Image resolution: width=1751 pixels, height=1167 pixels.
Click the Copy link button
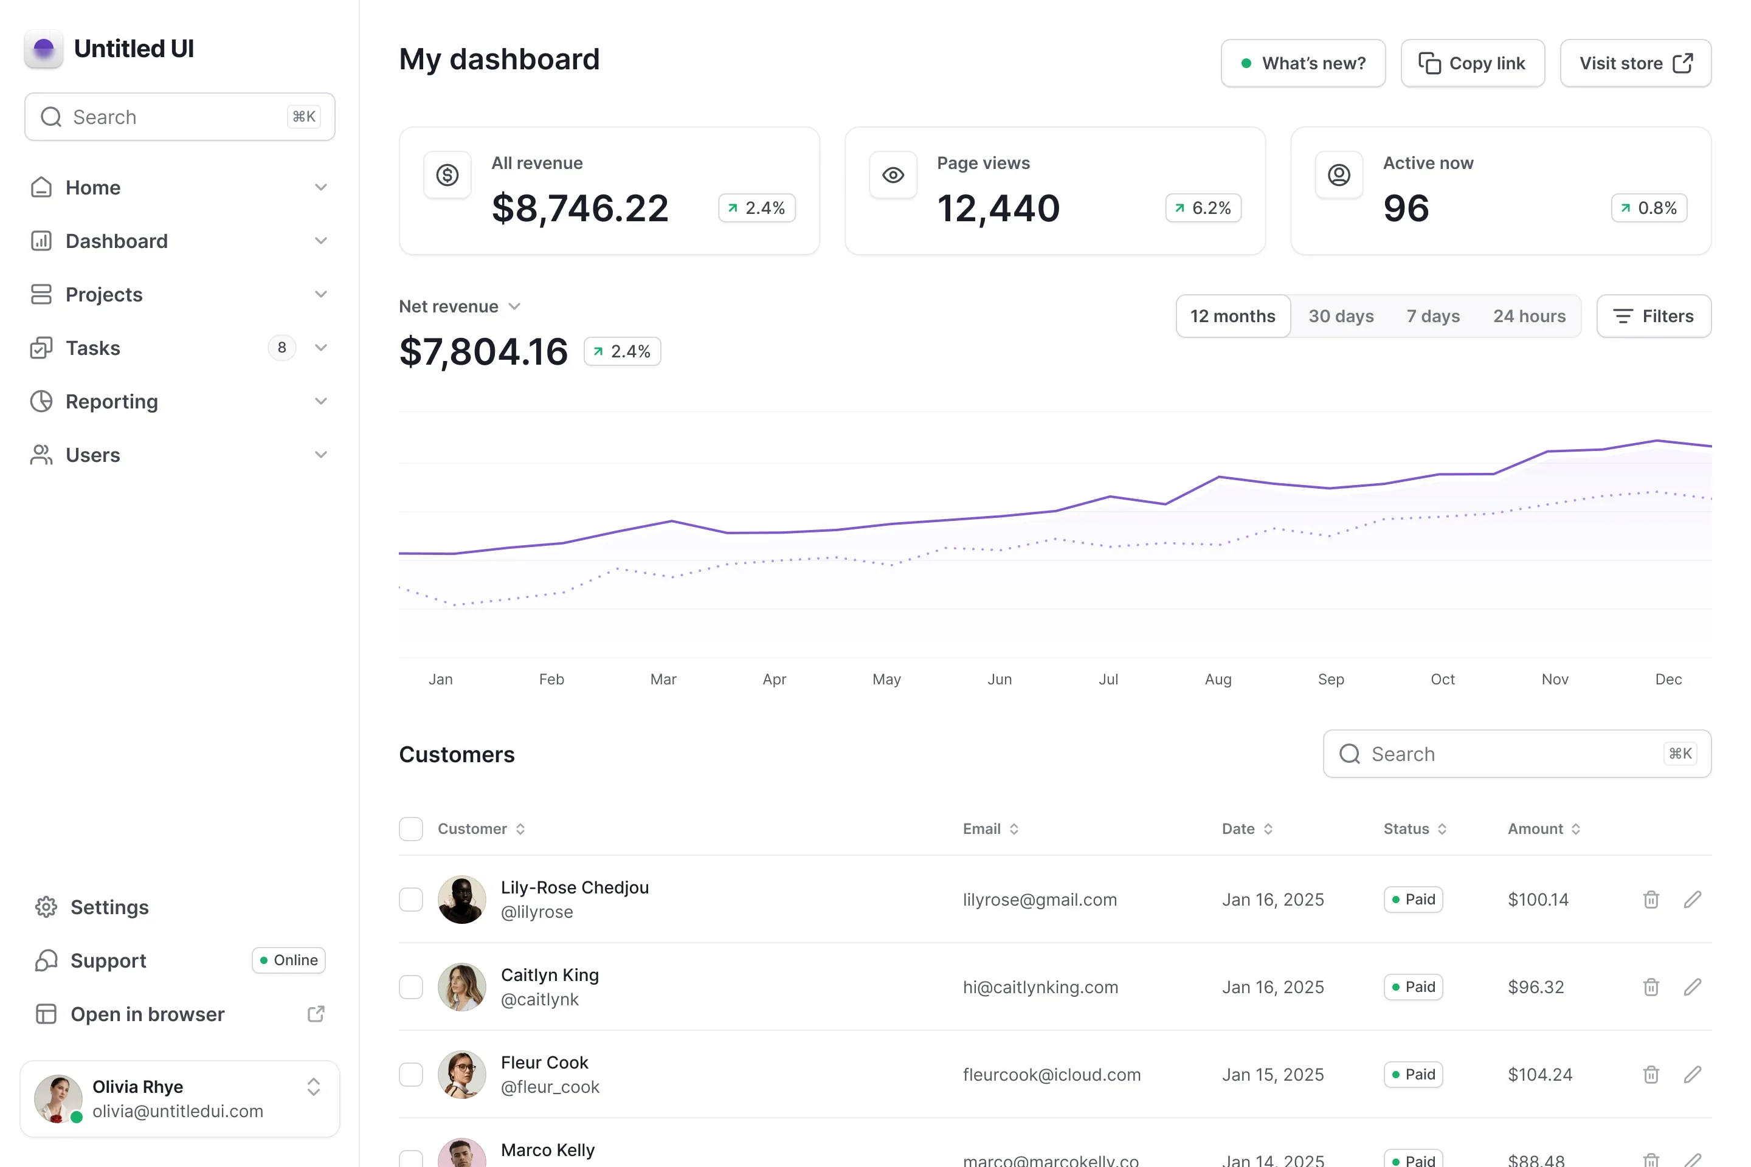click(x=1472, y=63)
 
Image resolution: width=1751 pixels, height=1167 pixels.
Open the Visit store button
click(x=1635, y=63)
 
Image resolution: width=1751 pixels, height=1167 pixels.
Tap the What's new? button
click(x=1303, y=63)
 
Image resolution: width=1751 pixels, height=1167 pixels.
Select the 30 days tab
click(x=1341, y=316)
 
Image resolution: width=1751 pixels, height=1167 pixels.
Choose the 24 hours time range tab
click(x=1529, y=316)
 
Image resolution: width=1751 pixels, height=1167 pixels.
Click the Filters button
click(x=1654, y=316)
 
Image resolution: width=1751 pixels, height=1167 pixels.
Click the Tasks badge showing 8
click(x=281, y=348)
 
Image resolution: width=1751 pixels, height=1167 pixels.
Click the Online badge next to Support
click(x=289, y=960)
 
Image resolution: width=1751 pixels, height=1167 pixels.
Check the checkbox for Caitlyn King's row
click(x=411, y=987)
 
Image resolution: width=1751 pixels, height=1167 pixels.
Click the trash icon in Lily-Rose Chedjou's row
click(x=1651, y=899)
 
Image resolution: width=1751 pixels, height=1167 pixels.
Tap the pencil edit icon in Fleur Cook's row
click(x=1692, y=1074)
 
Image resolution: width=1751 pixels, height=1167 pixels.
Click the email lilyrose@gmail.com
click(x=1039, y=899)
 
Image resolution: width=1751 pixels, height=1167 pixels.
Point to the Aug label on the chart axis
click(x=1218, y=679)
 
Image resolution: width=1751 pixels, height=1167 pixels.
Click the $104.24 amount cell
click(x=1539, y=1074)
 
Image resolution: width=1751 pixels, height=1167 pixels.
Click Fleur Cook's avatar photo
click(x=461, y=1074)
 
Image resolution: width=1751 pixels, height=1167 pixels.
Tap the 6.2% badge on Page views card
click(x=1203, y=208)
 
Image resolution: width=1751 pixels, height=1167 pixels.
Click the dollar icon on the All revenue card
click(x=447, y=175)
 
